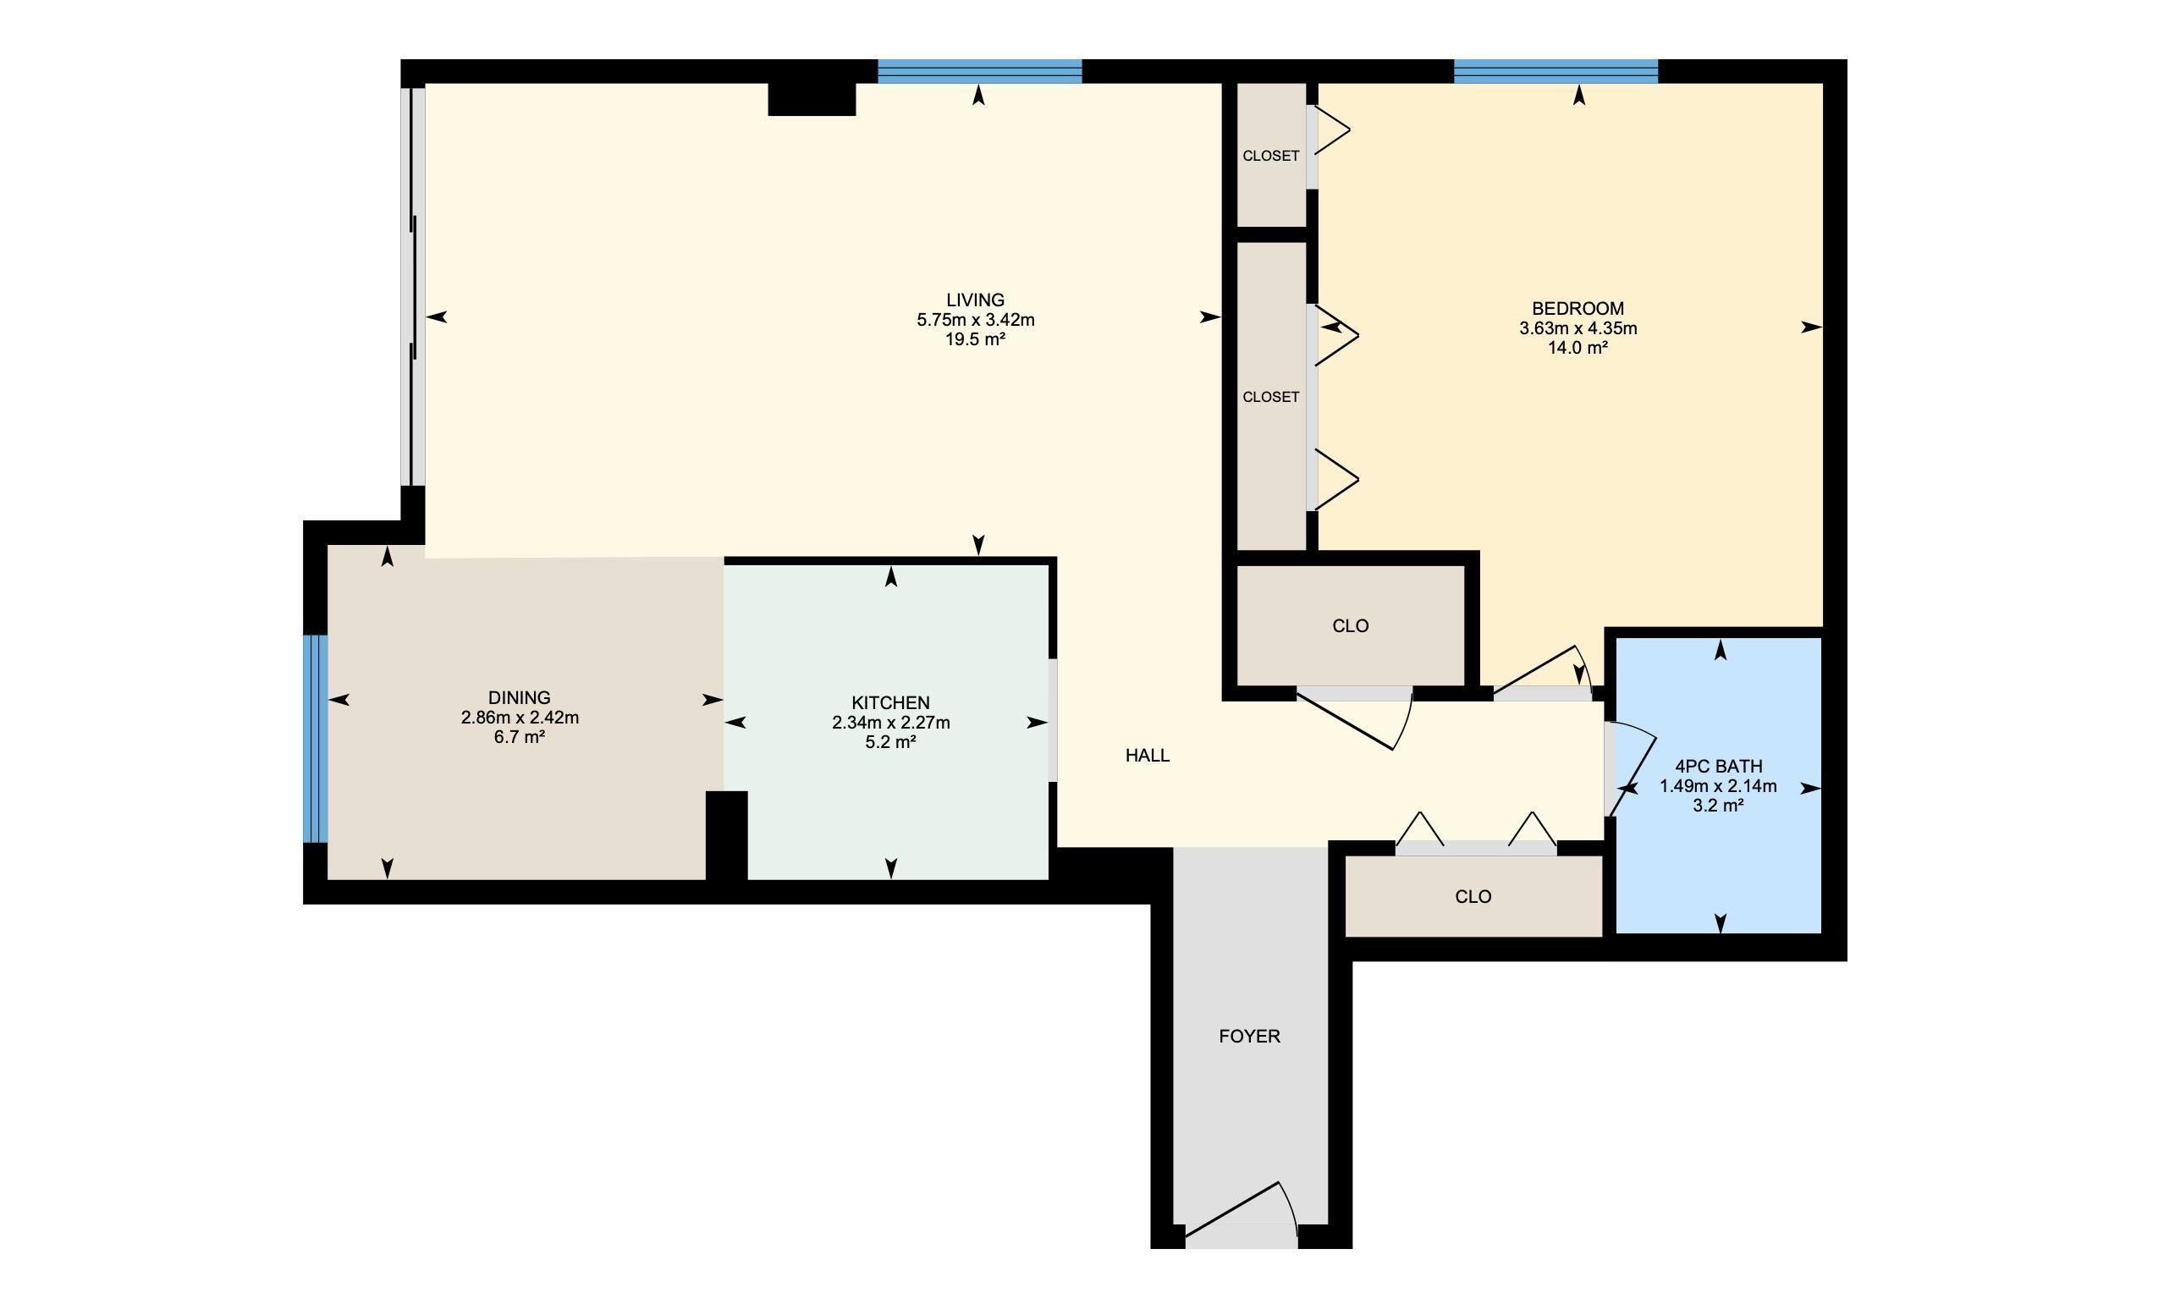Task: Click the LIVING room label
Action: (x=975, y=300)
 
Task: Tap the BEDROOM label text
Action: (x=1578, y=308)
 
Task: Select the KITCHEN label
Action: (x=890, y=702)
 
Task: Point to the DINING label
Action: (x=520, y=698)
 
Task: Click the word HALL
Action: (x=1147, y=756)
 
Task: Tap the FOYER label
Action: (x=1248, y=1036)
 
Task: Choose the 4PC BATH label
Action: (x=1718, y=767)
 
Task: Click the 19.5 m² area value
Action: (x=975, y=339)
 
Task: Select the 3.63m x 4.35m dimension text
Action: (x=1578, y=328)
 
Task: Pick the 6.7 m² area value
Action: (x=520, y=737)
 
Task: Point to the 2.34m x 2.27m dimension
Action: (x=890, y=723)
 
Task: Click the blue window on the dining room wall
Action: (x=316, y=739)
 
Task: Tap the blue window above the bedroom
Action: (x=1556, y=71)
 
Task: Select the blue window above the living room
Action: (x=979, y=71)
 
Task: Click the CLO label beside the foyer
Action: (x=1473, y=897)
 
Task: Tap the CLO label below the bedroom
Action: (x=1350, y=625)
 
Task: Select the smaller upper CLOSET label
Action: (x=1270, y=156)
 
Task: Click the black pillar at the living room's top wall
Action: (x=812, y=99)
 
